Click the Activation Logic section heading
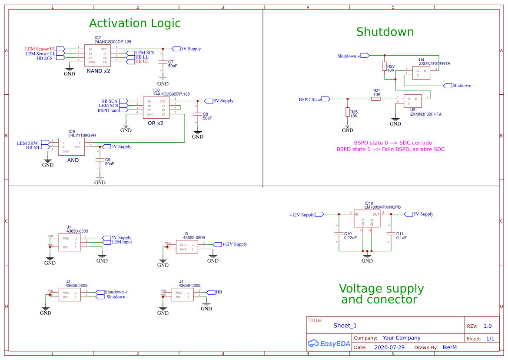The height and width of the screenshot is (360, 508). click(x=135, y=23)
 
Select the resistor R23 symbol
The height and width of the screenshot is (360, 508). click(x=385, y=66)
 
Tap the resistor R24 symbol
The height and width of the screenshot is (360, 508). click(x=376, y=99)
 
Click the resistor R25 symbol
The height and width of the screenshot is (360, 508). click(x=348, y=112)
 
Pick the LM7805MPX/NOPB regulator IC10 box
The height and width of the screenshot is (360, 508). click(x=367, y=219)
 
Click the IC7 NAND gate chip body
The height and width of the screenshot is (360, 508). click(x=97, y=56)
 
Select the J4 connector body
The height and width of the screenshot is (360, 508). click(x=183, y=295)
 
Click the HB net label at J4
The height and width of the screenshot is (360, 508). click(x=218, y=292)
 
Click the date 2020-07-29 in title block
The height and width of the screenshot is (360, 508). click(x=389, y=347)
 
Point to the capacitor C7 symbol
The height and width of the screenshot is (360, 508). click(x=163, y=62)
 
